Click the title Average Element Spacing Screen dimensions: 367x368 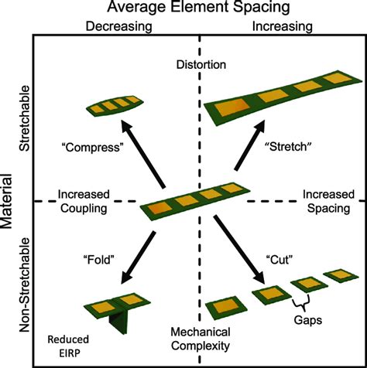pos(198,7)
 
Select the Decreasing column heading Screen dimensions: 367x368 pos(118,27)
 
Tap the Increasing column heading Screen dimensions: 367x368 pos(283,26)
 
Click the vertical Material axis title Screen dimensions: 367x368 pos(6,202)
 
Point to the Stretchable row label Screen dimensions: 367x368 pos(25,118)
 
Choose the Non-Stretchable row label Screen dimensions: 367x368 pos(25,285)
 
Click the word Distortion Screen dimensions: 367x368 pos(201,64)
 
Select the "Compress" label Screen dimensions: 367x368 pos(92,148)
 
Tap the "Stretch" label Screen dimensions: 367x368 pos(289,147)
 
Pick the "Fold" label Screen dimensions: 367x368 pos(98,260)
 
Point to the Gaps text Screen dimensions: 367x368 pos(308,320)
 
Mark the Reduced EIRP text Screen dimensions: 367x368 pos(68,346)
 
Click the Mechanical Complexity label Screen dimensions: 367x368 pos(201,339)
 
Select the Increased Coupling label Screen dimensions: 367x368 pos(84,201)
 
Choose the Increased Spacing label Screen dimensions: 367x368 pos(328,201)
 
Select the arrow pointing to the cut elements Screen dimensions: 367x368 pos(239,250)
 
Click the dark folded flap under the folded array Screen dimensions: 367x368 pos(119,320)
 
